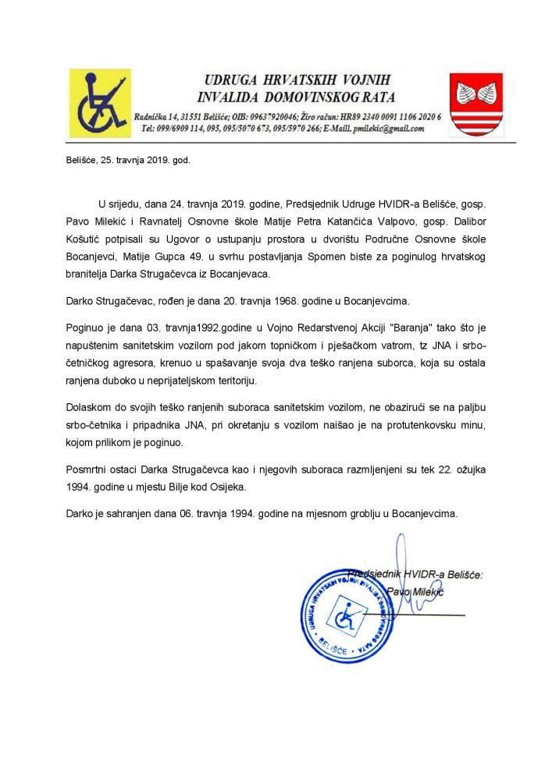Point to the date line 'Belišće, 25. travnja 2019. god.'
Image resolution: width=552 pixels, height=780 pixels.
click(x=117, y=165)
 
